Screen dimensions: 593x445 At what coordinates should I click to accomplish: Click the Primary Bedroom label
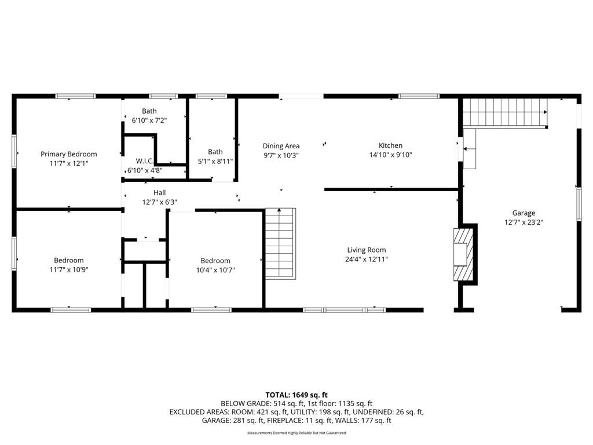pyautogui.click(x=69, y=154)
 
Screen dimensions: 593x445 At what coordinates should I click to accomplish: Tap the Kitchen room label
pyautogui.click(x=390, y=145)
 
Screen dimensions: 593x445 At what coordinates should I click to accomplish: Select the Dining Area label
pyautogui.click(x=281, y=145)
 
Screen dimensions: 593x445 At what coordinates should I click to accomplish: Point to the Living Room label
pyautogui.click(x=367, y=250)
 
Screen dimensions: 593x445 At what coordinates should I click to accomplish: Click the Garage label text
pyautogui.click(x=524, y=213)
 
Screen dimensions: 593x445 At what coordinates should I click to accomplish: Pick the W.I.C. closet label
pyautogui.click(x=144, y=161)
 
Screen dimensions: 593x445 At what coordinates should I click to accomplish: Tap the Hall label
pyautogui.click(x=160, y=192)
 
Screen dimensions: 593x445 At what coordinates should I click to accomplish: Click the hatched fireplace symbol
pyautogui.click(x=463, y=254)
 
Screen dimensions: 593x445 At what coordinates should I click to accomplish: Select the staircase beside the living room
pyautogui.click(x=280, y=244)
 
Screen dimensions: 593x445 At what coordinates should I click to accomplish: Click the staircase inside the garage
pyautogui.click(x=505, y=112)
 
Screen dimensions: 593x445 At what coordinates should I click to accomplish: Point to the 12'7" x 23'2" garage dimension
pyautogui.click(x=524, y=222)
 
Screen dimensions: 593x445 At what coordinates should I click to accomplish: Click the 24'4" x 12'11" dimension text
pyautogui.click(x=367, y=259)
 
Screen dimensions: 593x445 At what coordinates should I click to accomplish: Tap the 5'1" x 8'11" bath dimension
pyautogui.click(x=215, y=161)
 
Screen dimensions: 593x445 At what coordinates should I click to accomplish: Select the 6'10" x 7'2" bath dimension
pyautogui.click(x=149, y=121)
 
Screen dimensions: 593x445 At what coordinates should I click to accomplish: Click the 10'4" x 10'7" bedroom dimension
pyautogui.click(x=215, y=270)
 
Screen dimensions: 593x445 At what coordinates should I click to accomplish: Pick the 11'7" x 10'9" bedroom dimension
pyautogui.click(x=69, y=270)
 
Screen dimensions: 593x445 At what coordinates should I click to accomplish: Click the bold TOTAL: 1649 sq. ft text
pyautogui.click(x=296, y=395)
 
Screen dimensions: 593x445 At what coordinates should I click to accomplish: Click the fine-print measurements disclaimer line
pyautogui.click(x=296, y=433)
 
